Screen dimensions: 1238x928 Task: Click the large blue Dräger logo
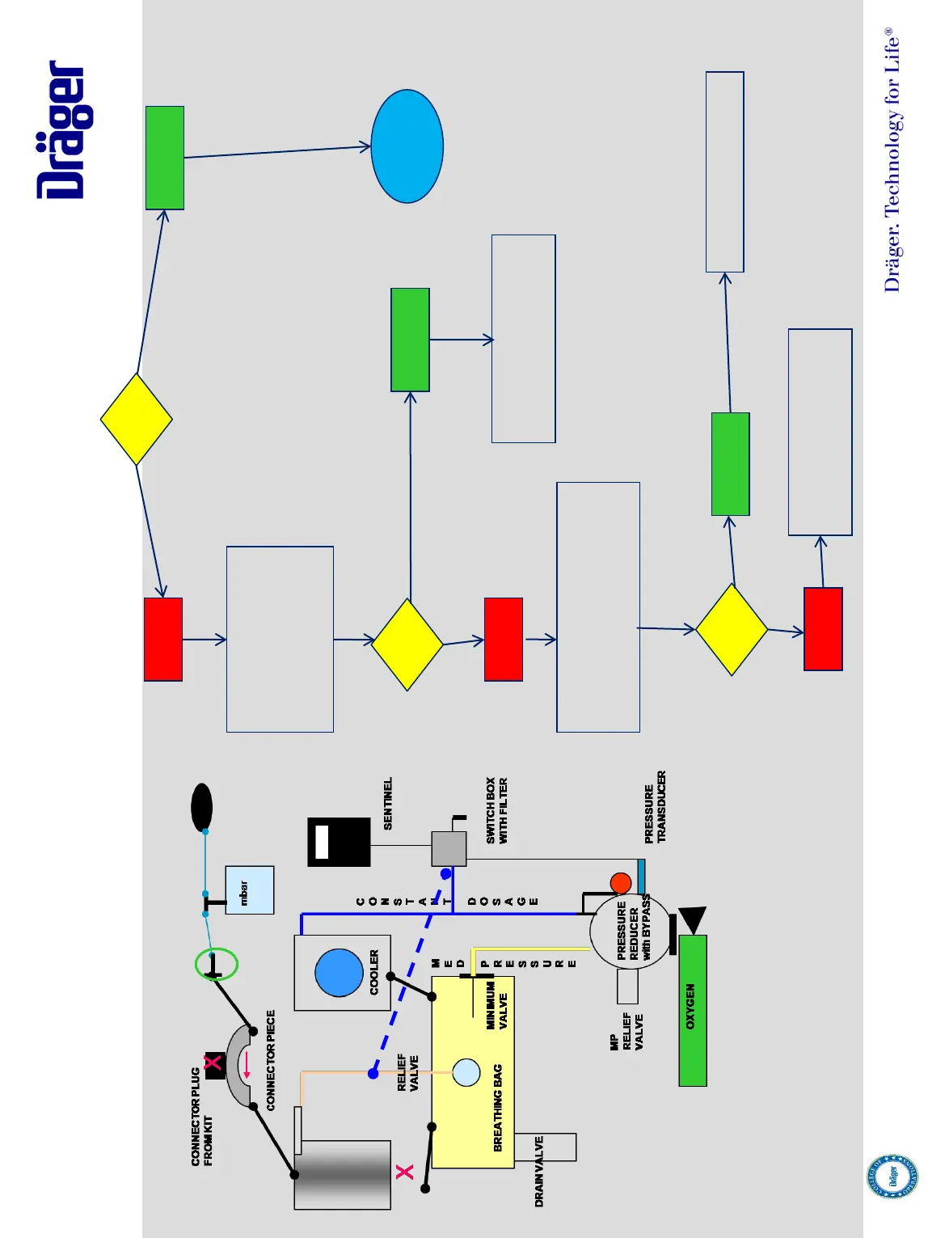click(62, 130)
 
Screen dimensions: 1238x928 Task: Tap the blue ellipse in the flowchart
click(407, 146)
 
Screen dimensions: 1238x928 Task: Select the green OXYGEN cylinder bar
click(693, 1010)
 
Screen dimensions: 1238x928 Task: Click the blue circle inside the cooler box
click(339, 972)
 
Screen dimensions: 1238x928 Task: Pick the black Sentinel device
click(339, 842)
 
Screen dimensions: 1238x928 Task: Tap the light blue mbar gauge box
click(249, 890)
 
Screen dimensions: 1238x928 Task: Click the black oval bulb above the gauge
click(201, 807)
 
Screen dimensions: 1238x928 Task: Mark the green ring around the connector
click(216, 964)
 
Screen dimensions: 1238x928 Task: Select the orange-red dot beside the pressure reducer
click(621, 882)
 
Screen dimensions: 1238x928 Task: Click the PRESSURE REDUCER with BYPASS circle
click(631, 932)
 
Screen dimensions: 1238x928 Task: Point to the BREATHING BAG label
click(497, 1108)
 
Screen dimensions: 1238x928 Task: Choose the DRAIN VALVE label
click(539, 1172)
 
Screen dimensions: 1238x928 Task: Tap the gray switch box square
click(449, 849)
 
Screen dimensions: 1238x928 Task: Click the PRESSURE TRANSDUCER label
click(655, 807)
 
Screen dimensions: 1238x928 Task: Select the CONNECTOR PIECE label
click(271, 1059)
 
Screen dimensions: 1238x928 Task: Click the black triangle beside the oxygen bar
click(693, 920)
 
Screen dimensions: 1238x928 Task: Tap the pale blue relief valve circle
click(466, 1072)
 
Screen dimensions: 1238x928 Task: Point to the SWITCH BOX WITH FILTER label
click(496, 810)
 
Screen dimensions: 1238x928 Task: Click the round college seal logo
click(892, 1177)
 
